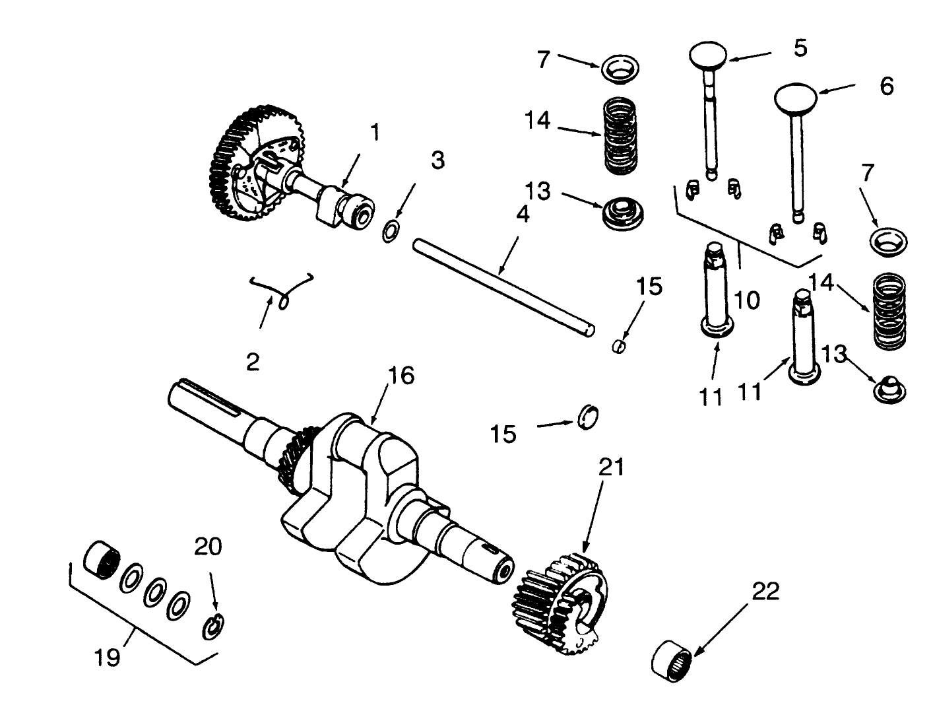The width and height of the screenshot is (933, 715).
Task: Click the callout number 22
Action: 765,591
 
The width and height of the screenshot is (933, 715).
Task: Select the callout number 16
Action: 401,376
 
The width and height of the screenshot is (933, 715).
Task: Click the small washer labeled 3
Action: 391,232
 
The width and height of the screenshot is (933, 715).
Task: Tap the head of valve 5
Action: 709,55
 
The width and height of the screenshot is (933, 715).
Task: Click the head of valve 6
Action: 796,97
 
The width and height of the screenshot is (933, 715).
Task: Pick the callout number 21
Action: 610,467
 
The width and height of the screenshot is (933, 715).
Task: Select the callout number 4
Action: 522,215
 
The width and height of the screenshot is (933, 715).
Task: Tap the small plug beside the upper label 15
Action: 619,346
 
